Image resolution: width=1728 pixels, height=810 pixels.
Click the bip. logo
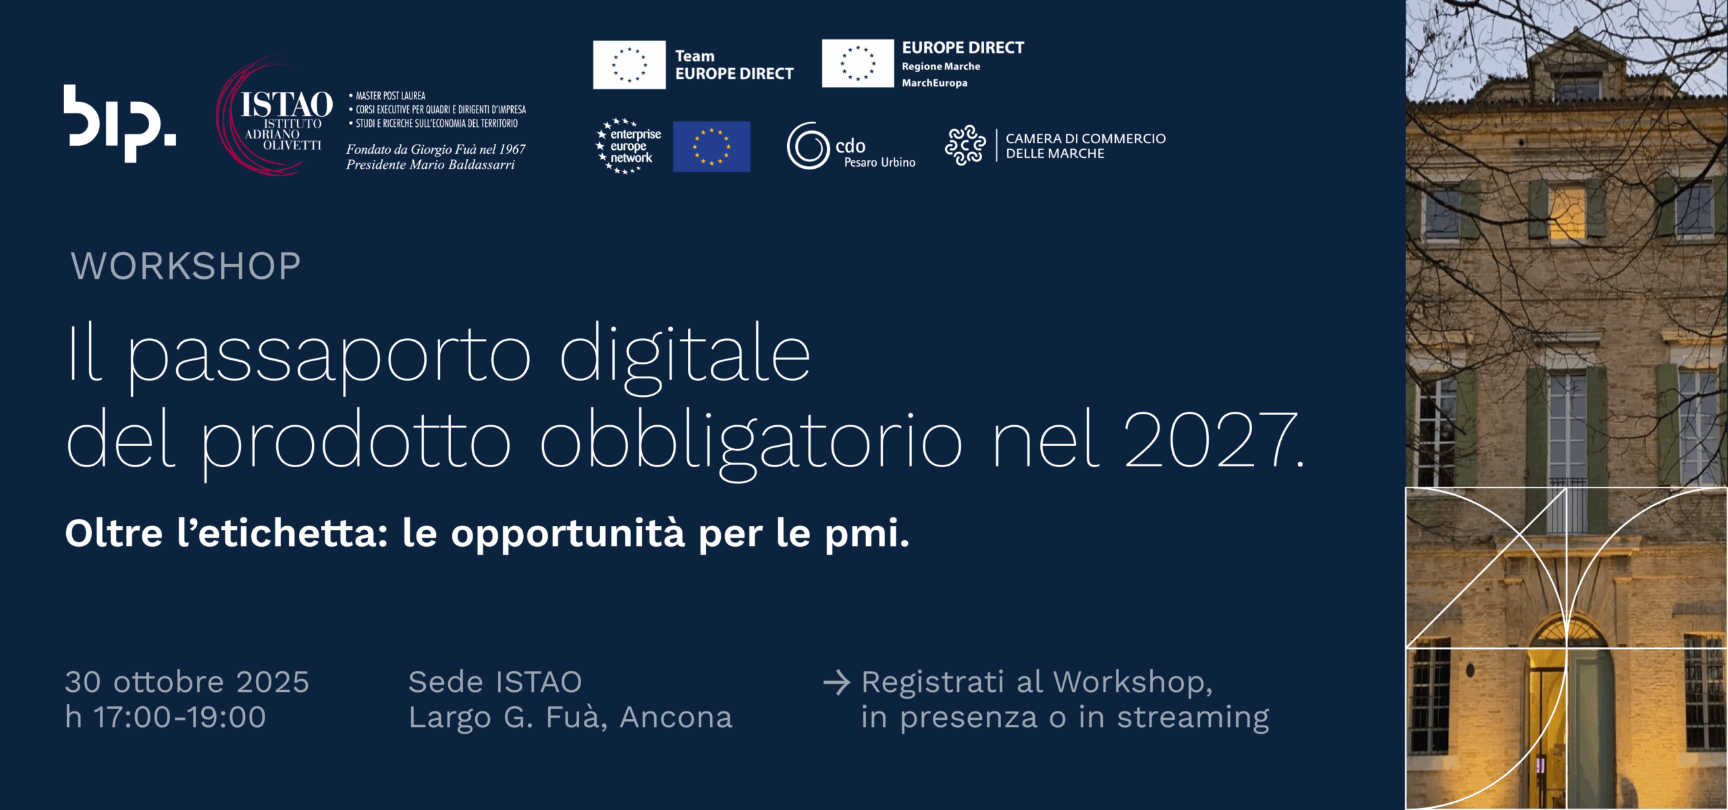(x=120, y=124)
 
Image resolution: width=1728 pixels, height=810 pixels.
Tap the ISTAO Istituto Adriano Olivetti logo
(x=275, y=116)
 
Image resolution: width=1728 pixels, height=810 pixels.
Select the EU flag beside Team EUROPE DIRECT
(x=629, y=65)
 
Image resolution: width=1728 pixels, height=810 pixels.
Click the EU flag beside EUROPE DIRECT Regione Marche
(x=858, y=63)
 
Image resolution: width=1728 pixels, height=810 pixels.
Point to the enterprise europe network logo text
(x=629, y=146)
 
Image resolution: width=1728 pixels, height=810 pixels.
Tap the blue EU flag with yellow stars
(x=711, y=146)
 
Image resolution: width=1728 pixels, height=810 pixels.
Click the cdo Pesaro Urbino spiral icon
(x=808, y=146)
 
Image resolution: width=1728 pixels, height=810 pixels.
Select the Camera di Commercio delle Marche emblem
(x=965, y=145)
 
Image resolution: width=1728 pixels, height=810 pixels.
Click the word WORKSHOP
(x=186, y=266)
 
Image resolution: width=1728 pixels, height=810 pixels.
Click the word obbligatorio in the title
(x=751, y=442)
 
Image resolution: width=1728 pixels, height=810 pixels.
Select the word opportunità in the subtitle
(x=568, y=535)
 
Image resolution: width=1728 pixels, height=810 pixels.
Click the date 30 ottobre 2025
(x=187, y=682)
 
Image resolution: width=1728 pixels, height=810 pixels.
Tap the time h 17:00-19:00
(x=165, y=717)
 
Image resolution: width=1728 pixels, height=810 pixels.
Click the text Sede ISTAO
(x=495, y=682)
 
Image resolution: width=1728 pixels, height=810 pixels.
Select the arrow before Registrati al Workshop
(x=837, y=682)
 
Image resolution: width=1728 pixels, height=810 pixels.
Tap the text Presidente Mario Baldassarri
(x=431, y=165)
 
